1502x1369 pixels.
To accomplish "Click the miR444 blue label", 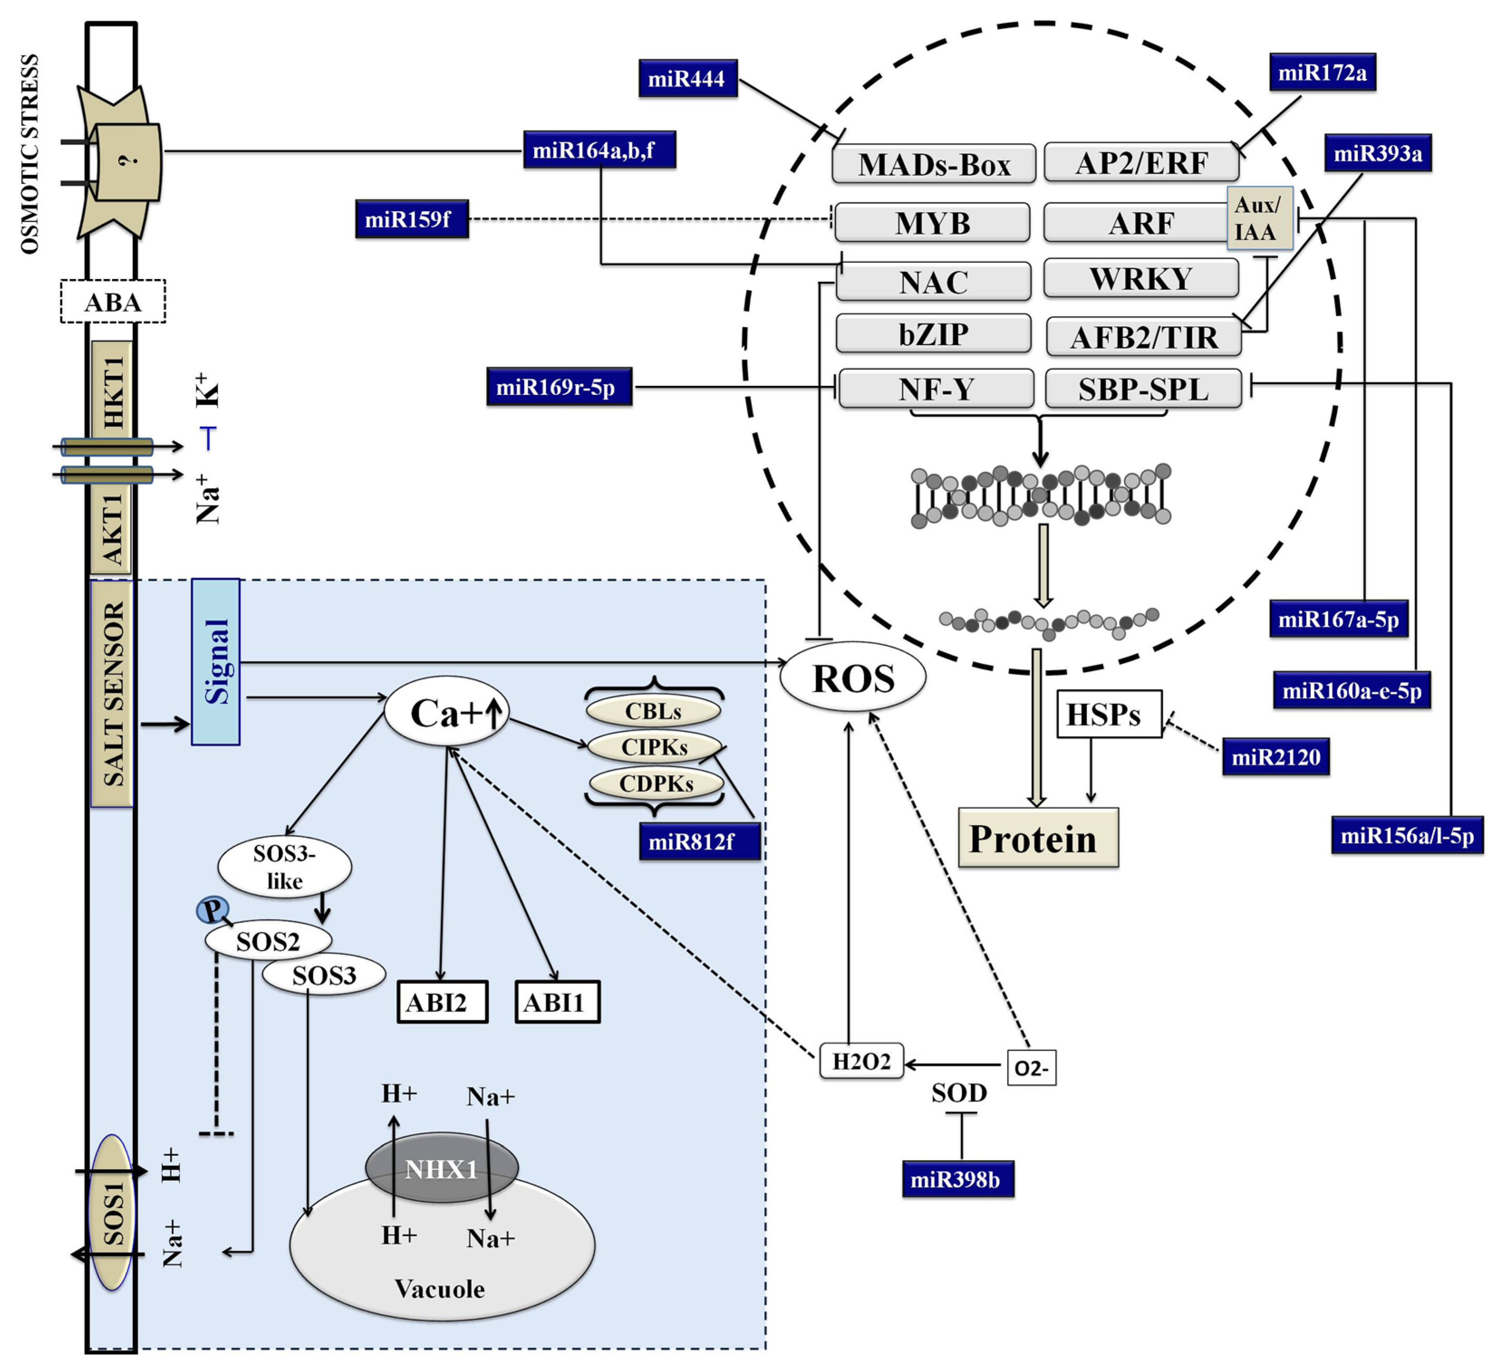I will click(x=687, y=78).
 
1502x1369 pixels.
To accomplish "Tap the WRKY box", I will click(x=1140, y=279).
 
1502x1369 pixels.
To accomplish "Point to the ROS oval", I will click(x=852, y=677).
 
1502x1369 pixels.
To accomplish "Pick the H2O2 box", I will click(x=861, y=1061).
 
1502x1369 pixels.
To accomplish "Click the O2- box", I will click(x=1030, y=1068).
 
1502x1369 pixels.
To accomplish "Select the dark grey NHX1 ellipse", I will click(x=441, y=1168).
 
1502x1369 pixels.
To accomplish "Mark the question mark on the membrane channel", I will click(x=131, y=160).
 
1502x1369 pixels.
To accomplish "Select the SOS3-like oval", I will click(x=284, y=867).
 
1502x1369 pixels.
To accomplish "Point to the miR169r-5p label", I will click(x=559, y=387).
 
